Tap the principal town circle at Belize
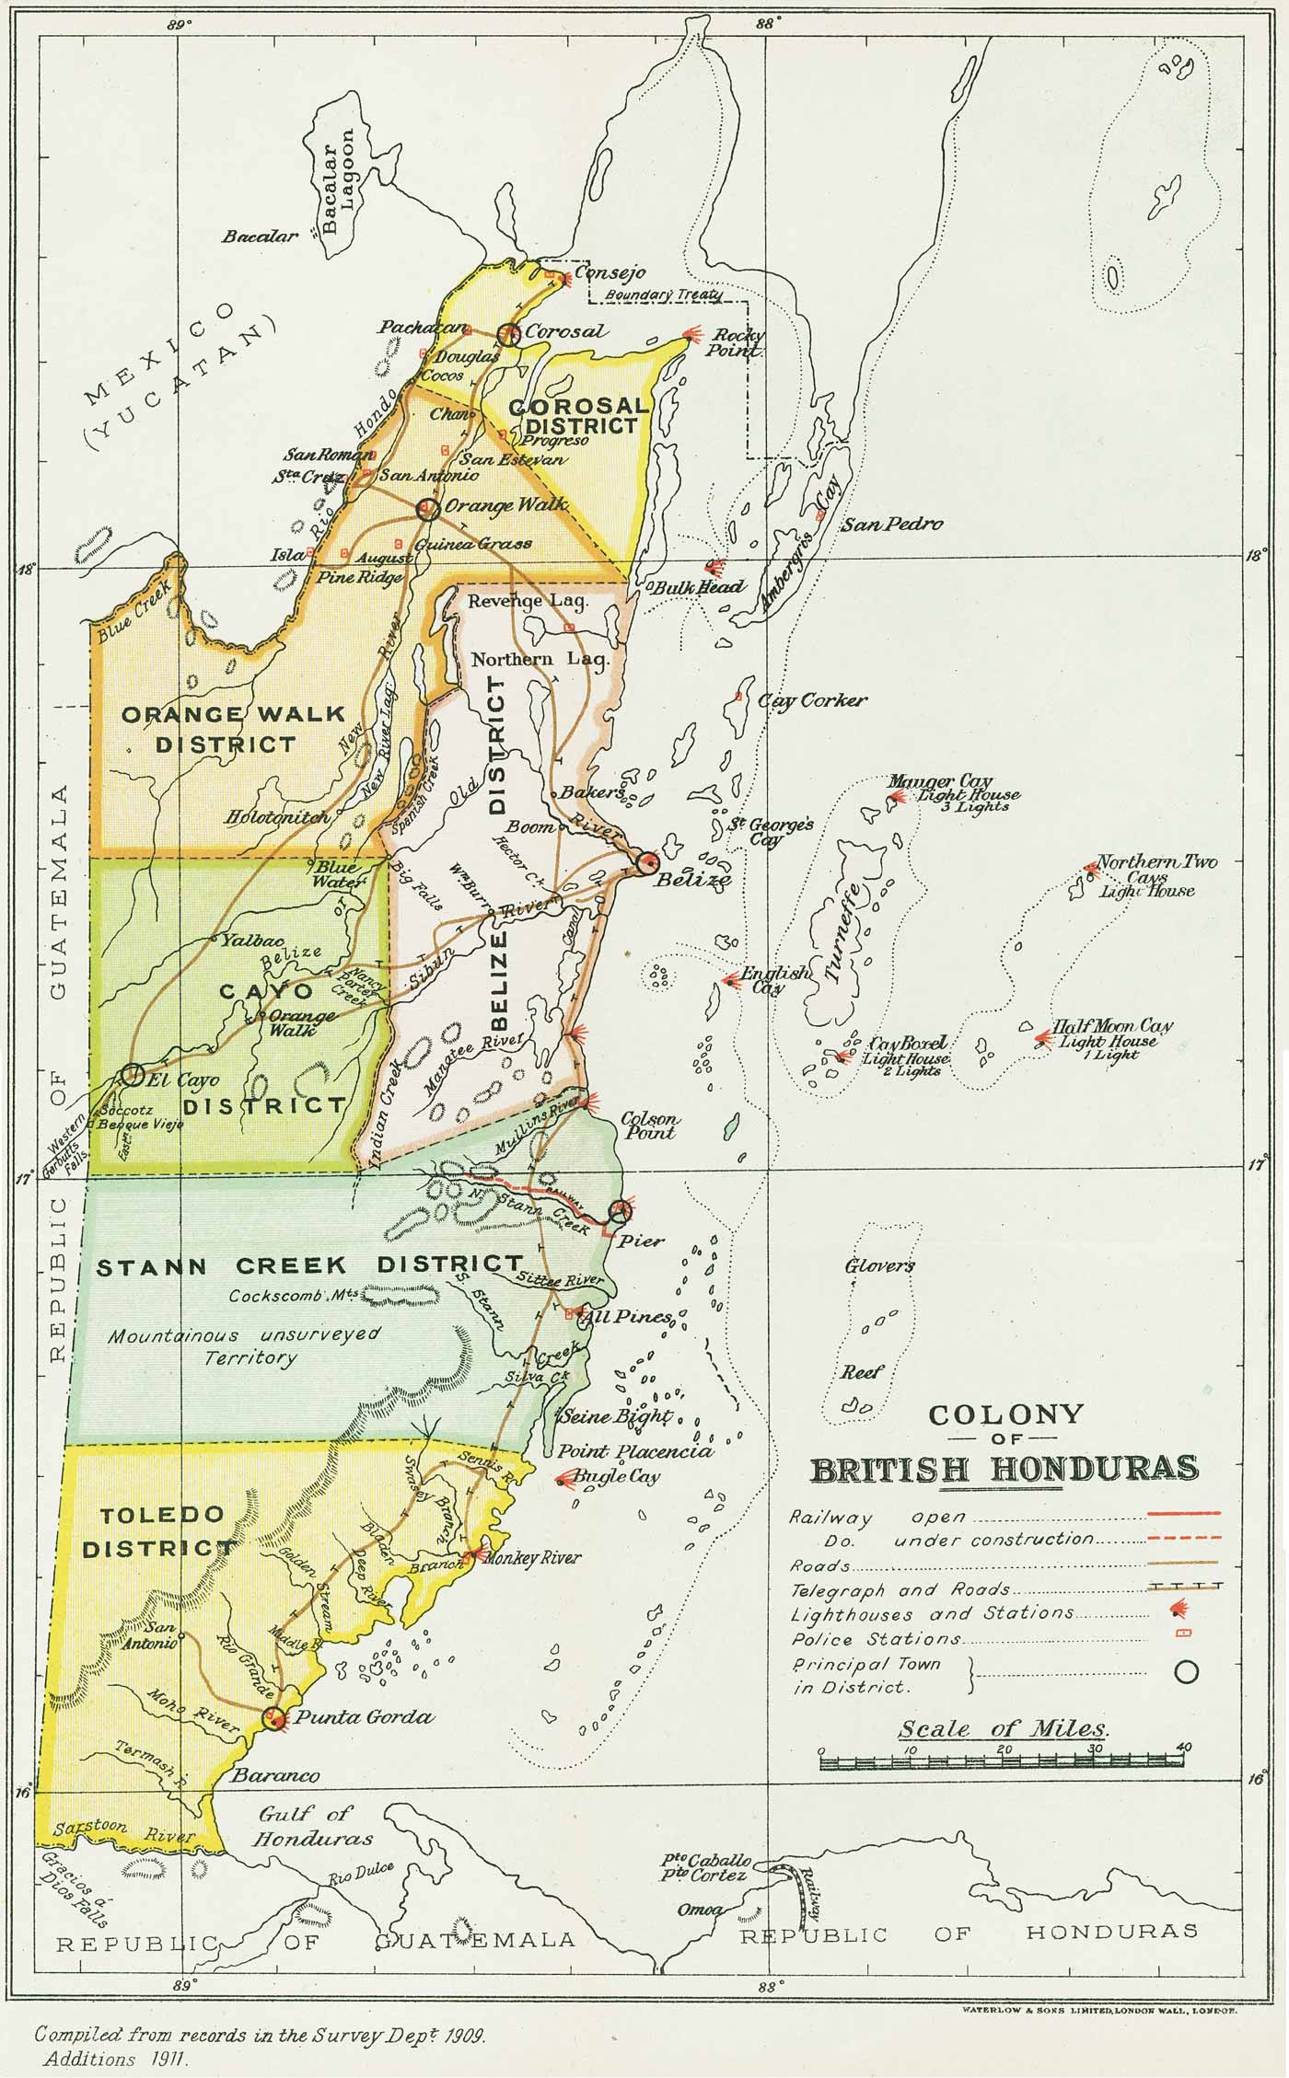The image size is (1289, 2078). pyautogui.click(x=646, y=862)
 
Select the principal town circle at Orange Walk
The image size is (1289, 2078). pyautogui.click(x=426, y=509)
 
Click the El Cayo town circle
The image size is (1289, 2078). pyautogui.click(x=132, y=1074)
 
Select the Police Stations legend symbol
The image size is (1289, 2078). pyautogui.click(x=1185, y=1633)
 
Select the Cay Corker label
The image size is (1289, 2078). pyautogui.click(x=812, y=701)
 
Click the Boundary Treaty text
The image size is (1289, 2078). pyautogui.click(x=663, y=295)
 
